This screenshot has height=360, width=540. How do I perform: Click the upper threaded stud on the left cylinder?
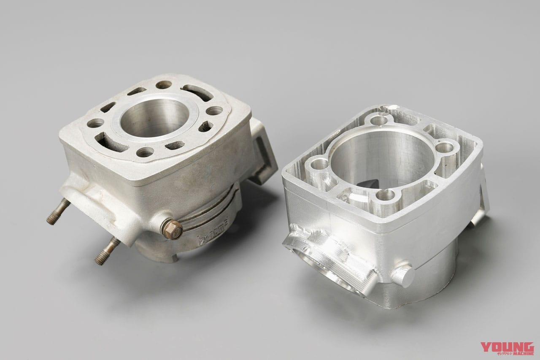59,211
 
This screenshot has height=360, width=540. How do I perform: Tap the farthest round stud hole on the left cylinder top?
163,84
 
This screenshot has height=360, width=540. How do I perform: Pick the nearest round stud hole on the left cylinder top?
145,152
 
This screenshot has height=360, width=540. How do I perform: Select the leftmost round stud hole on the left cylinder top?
95,123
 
